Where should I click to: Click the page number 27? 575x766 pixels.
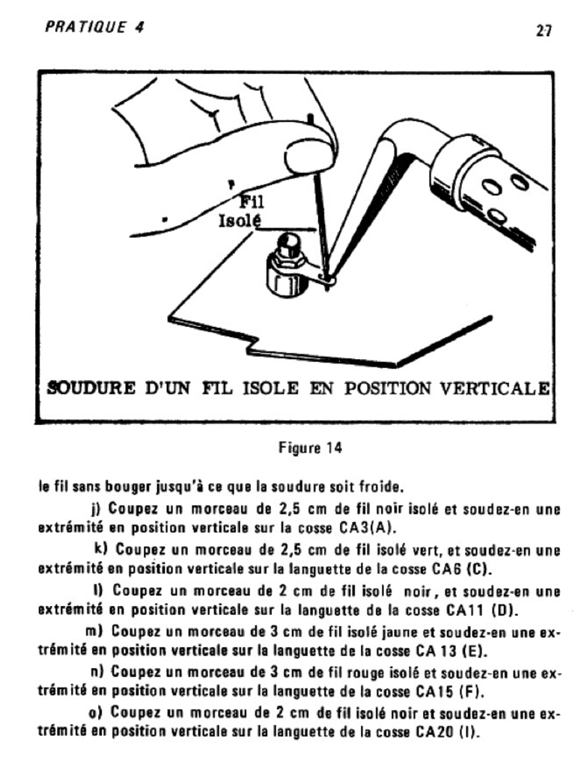click(544, 31)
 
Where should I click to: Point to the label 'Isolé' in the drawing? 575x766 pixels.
click(238, 221)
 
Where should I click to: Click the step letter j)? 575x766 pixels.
click(97, 509)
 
